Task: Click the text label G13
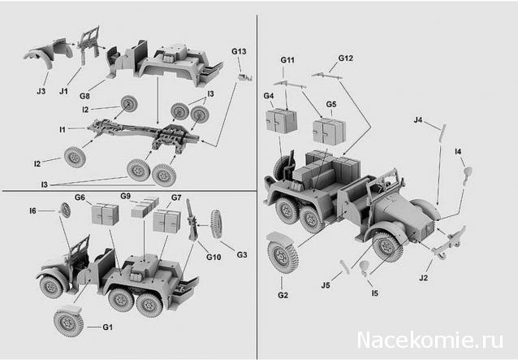238,51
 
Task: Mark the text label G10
214,257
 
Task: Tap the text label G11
287,61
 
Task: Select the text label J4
417,121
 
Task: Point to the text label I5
373,293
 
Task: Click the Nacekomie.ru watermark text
430,338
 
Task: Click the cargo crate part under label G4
281,122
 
